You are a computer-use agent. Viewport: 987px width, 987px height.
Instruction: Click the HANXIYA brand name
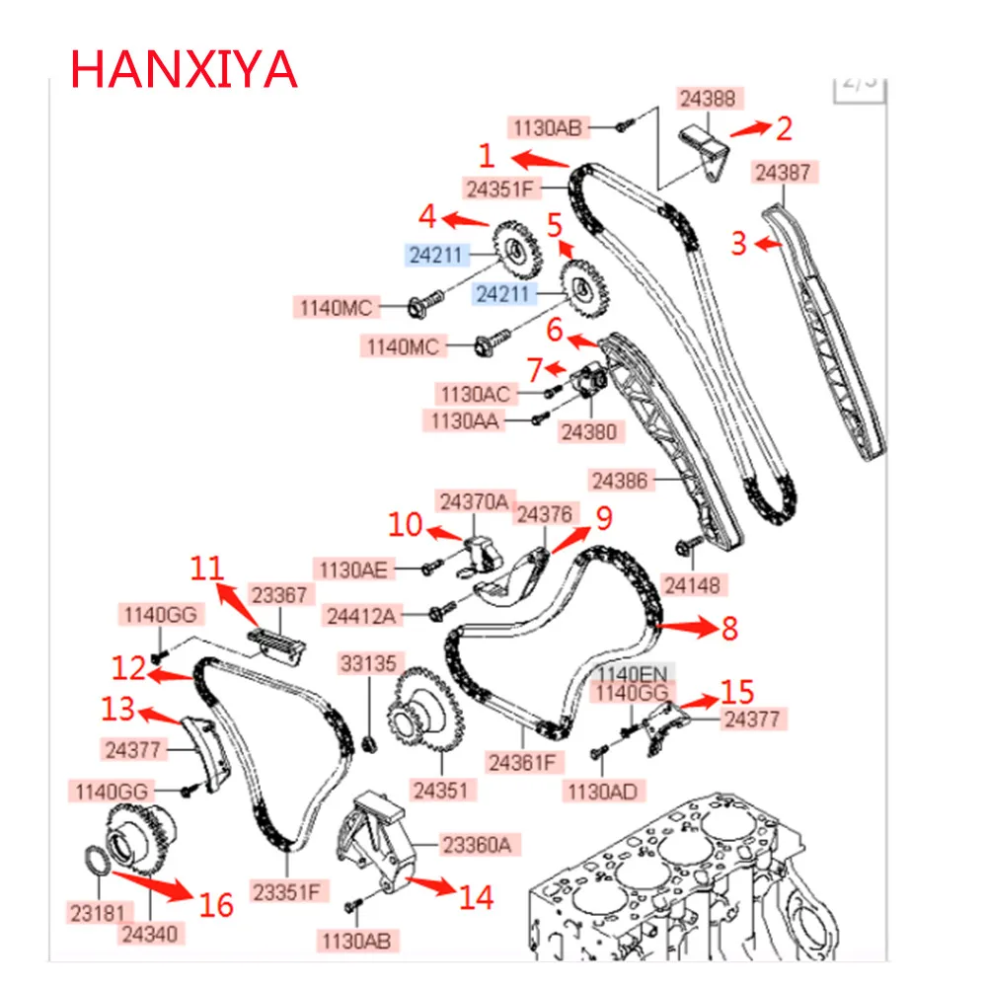184,68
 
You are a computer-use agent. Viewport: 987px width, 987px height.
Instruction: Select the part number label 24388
709,99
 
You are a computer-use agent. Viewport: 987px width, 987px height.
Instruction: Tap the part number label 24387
785,173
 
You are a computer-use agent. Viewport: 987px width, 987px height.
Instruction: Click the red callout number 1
487,155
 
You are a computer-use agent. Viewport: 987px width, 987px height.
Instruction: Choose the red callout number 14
475,896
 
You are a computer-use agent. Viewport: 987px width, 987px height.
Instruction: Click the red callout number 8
728,628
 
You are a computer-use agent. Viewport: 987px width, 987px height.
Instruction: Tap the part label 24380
587,430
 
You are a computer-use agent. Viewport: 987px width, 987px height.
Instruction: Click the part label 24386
621,481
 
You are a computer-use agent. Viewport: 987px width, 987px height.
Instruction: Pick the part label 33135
367,662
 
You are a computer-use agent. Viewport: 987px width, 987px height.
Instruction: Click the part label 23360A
476,843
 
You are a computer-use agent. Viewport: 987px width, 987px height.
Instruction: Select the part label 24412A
359,617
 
